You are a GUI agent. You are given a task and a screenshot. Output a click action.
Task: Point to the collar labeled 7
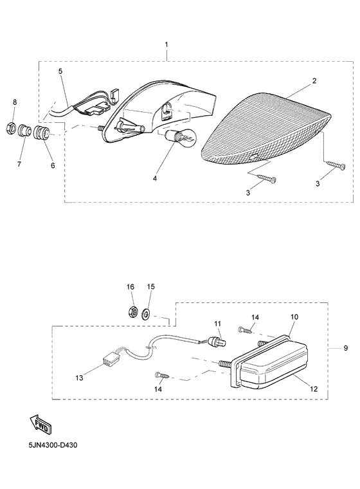(24, 130)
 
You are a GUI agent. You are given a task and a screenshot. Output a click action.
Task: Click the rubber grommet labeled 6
(41, 133)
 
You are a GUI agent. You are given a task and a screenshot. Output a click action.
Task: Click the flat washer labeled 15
(145, 313)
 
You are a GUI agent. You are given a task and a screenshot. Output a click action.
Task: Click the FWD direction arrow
(40, 425)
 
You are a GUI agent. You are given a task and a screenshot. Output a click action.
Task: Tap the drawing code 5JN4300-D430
(53, 445)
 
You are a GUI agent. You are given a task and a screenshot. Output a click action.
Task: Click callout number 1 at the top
(166, 44)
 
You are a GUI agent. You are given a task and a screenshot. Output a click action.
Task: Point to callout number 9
(346, 347)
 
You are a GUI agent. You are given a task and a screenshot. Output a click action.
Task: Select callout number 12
(314, 389)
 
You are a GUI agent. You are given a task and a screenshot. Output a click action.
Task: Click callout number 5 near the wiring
(60, 71)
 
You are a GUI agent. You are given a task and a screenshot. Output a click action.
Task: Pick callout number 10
(294, 317)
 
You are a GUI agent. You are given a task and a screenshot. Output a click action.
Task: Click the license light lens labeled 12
(274, 364)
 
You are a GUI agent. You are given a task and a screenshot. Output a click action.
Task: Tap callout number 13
(79, 378)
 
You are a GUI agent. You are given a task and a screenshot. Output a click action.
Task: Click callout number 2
(314, 81)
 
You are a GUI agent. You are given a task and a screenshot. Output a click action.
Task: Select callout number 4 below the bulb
(154, 179)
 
